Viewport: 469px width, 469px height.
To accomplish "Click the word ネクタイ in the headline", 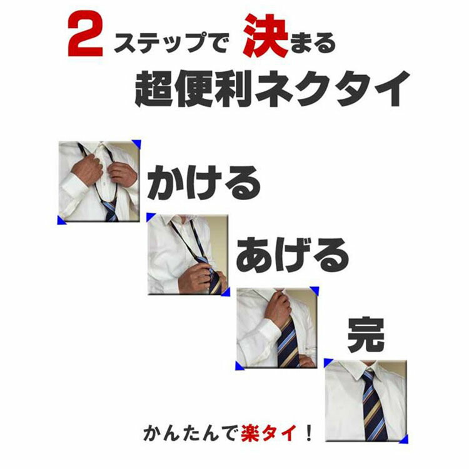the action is coord(331,89).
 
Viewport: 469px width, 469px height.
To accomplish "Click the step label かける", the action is coord(204,183).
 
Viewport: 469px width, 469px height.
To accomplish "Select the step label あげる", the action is coord(293,255).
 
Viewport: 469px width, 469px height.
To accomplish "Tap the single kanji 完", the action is coord(366,335).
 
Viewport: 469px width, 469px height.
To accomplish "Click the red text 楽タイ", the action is coord(269,433).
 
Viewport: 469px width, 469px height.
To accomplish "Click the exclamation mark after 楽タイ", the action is coord(309,433).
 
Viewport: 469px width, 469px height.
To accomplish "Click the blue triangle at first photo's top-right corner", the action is coord(137,143).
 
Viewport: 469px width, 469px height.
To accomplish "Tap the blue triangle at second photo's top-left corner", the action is coord(150,216).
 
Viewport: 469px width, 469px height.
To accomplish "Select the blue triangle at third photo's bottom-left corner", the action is coord(239,366).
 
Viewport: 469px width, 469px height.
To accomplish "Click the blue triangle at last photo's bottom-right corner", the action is coord(404,440).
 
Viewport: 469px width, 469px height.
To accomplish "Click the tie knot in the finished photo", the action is coord(368,375).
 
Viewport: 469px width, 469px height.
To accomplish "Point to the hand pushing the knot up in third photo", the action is coord(278,309).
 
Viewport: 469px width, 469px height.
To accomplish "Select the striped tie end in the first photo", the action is coord(110,211).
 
